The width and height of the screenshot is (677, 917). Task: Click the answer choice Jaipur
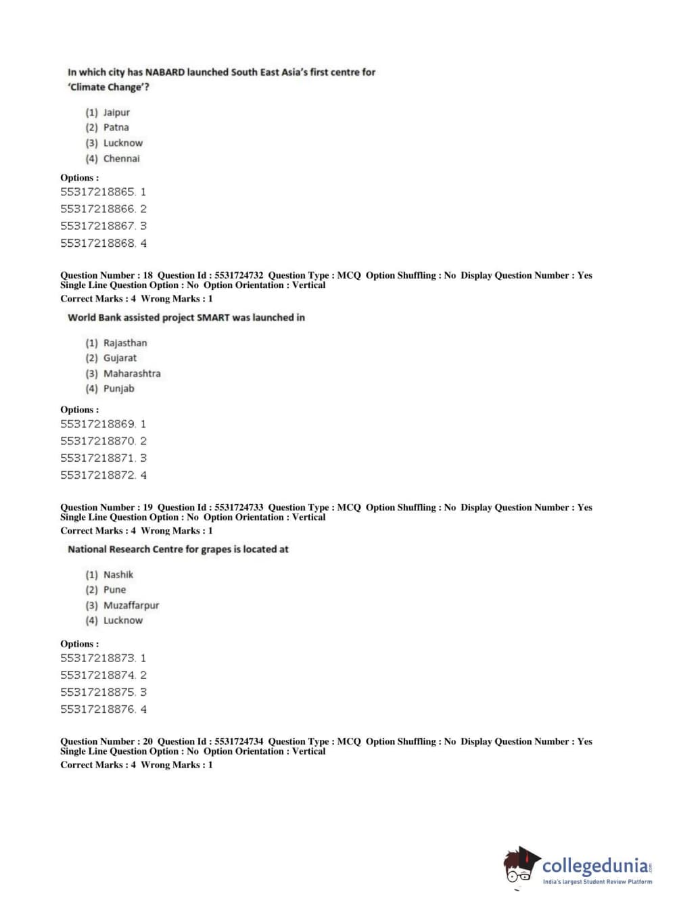pyautogui.click(x=116, y=112)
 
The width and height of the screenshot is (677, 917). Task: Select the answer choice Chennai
pyautogui.click(x=121, y=159)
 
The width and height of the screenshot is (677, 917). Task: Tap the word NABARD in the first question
pyautogui.click(x=165, y=72)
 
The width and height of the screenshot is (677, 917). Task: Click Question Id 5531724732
pyautogui.click(x=239, y=275)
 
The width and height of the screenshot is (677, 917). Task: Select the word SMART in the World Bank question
pyautogui.click(x=213, y=317)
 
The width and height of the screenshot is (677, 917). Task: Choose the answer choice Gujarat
pyautogui.click(x=120, y=358)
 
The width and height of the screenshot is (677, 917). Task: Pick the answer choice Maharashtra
pyautogui.click(x=132, y=373)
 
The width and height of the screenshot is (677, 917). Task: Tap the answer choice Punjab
pyautogui.click(x=118, y=389)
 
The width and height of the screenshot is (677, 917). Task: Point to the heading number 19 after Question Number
pyautogui.click(x=147, y=507)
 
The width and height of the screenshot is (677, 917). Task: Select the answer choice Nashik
pyautogui.click(x=118, y=575)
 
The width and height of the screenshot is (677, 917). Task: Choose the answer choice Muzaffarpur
pyautogui.click(x=131, y=605)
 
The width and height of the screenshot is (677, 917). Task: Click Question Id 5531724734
pyautogui.click(x=239, y=741)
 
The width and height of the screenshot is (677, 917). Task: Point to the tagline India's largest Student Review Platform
pyautogui.click(x=597, y=882)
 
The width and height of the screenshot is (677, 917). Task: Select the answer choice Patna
pyautogui.click(x=116, y=127)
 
